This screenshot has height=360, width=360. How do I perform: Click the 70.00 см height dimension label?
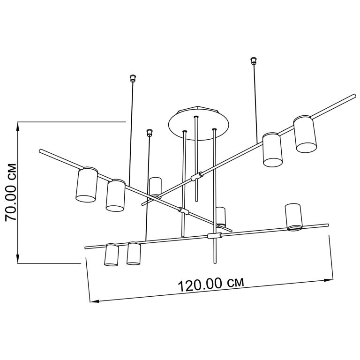pyautogui.click(x=11, y=192)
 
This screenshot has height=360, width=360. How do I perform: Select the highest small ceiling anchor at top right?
pyautogui.click(x=253, y=60)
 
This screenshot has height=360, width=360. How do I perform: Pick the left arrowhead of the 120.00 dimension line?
pyautogui.click(x=95, y=301)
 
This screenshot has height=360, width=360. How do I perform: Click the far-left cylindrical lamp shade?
pyautogui.click(x=87, y=185)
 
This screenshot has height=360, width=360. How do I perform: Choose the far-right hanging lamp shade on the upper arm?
pyautogui.click(x=305, y=134)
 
